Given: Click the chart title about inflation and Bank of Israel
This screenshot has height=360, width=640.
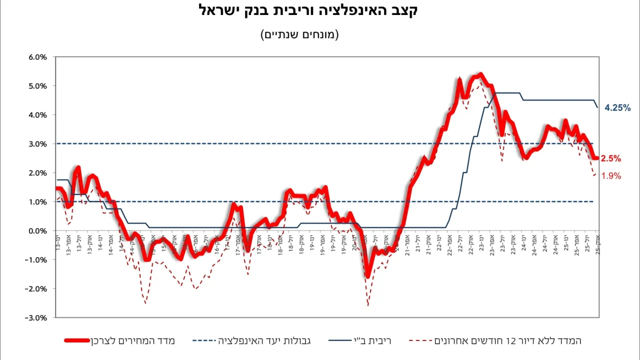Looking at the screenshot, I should pyautogui.click(x=308, y=11).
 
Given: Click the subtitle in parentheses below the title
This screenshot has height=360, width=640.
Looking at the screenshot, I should pyautogui.click(x=299, y=34).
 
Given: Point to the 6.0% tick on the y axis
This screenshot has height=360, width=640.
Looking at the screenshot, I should pyautogui.click(x=37, y=57).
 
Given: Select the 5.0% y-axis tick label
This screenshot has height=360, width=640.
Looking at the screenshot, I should pyautogui.click(x=37, y=86).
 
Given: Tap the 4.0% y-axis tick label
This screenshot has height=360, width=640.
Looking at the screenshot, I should pyautogui.click(x=37, y=115).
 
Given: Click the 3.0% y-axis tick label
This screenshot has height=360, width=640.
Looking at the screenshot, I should pyautogui.click(x=37, y=144).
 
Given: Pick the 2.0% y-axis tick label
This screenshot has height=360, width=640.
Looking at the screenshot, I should pyautogui.click(x=37, y=173).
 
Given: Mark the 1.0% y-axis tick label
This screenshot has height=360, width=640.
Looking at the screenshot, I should pyautogui.click(x=37, y=202).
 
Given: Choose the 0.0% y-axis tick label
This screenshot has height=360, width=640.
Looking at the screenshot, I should pyautogui.click(x=37, y=231).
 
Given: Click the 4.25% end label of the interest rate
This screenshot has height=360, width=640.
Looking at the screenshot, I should pyautogui.click(x=617, y=107).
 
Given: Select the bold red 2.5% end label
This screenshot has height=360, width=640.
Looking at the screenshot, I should pyautogui.click(x=611, y=158).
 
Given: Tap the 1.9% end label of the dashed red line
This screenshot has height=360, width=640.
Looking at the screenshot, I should pyautogui.click(x=611, y=176).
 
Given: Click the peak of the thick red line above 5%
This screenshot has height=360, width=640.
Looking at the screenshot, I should pyautogui.click(x=480, y=74).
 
